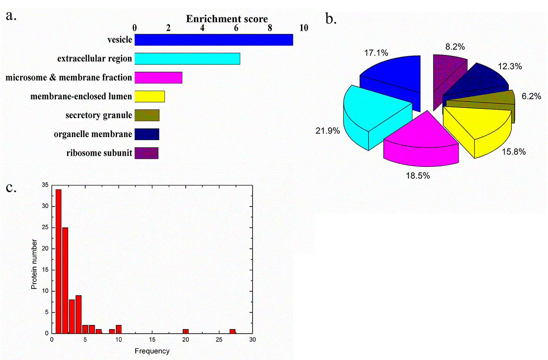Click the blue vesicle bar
click(213, 40)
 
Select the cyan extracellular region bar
click(187, 59)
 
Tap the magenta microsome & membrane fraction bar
click(158, 77)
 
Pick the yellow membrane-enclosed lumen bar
click(149, 96)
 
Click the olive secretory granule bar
click(147, 115)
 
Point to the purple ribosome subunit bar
click(146, 153)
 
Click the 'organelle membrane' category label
click(93, 134)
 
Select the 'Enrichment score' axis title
click(227, 19)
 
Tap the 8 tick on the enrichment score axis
click(270, 28)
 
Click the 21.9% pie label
click(327, 131)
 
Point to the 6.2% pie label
click(531, 96)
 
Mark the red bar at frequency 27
click(232, 331)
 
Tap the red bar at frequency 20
click(186, 331)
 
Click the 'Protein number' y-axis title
click(34, 264)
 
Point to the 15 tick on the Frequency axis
click(152, 339)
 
